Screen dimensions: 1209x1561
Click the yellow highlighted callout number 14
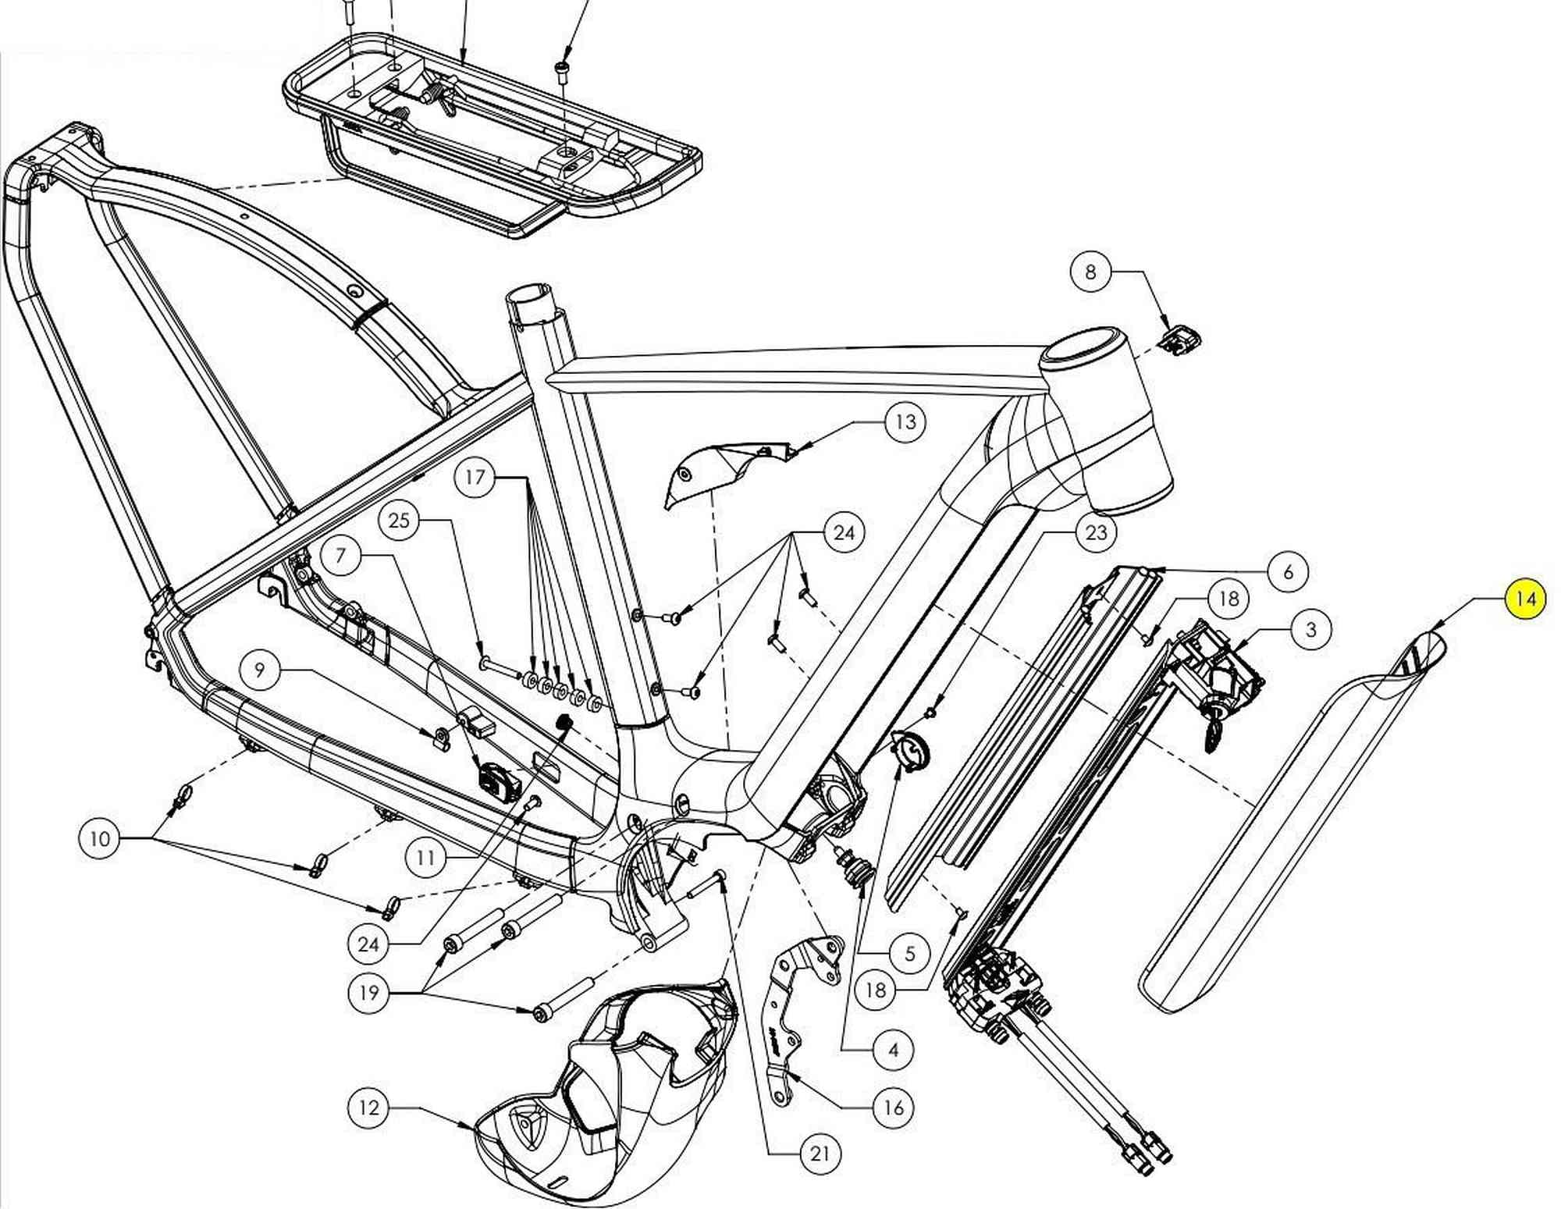[x=1524, y=599]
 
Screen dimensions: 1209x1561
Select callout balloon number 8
[x=1090, y=272]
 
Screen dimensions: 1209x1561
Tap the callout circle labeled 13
[x=905, y=422]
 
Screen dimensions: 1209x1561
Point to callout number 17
[x=475, y=477]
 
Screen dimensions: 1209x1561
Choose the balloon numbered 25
[x=399, y=521]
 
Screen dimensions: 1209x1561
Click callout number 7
[x=341, y=556]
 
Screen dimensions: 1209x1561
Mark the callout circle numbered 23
[x=1096, y=532]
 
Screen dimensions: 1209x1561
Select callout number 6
[x=1288, y=571]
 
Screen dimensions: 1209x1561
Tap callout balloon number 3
[x=1310, y=629]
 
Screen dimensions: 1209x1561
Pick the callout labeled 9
[x=260, y=670]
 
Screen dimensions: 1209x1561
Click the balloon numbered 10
[x=100, y=839]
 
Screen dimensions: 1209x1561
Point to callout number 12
[x=368, y=1107]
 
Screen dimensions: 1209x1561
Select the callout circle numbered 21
[x=820, y=1153]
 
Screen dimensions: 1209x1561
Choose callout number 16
[x=893, y=1107]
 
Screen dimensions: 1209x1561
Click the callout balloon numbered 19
[x=368, y=992]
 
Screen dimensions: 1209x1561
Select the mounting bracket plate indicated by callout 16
[x=800, y=1015]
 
